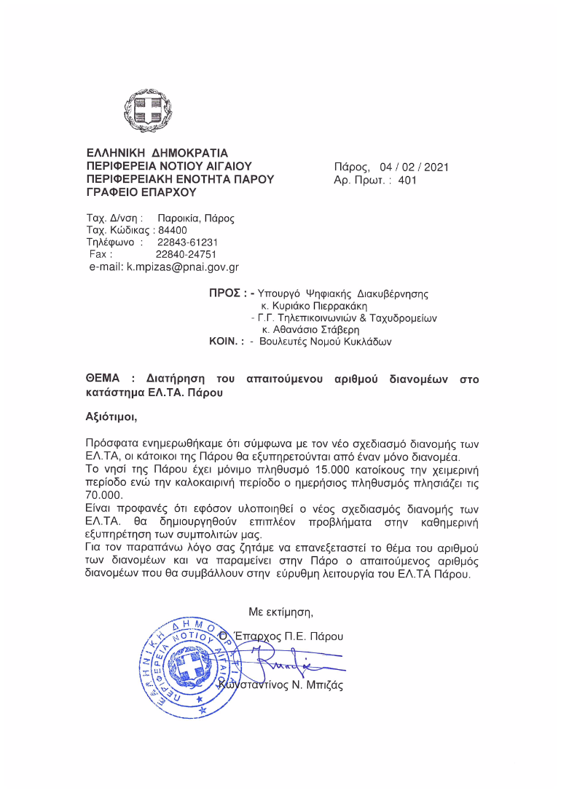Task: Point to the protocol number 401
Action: (407, 180)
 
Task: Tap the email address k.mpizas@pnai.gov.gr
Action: (183, 267)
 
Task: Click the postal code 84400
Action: (172, 230)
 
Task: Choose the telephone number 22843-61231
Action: (187, 242)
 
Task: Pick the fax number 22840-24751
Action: (186, 254)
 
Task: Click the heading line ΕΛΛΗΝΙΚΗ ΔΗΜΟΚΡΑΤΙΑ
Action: (157, 154)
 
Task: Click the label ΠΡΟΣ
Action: (224, 294)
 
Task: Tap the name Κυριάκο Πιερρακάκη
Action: (316, 307)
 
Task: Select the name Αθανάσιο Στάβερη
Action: (314, 330)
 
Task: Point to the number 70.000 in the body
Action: (104, 495)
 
